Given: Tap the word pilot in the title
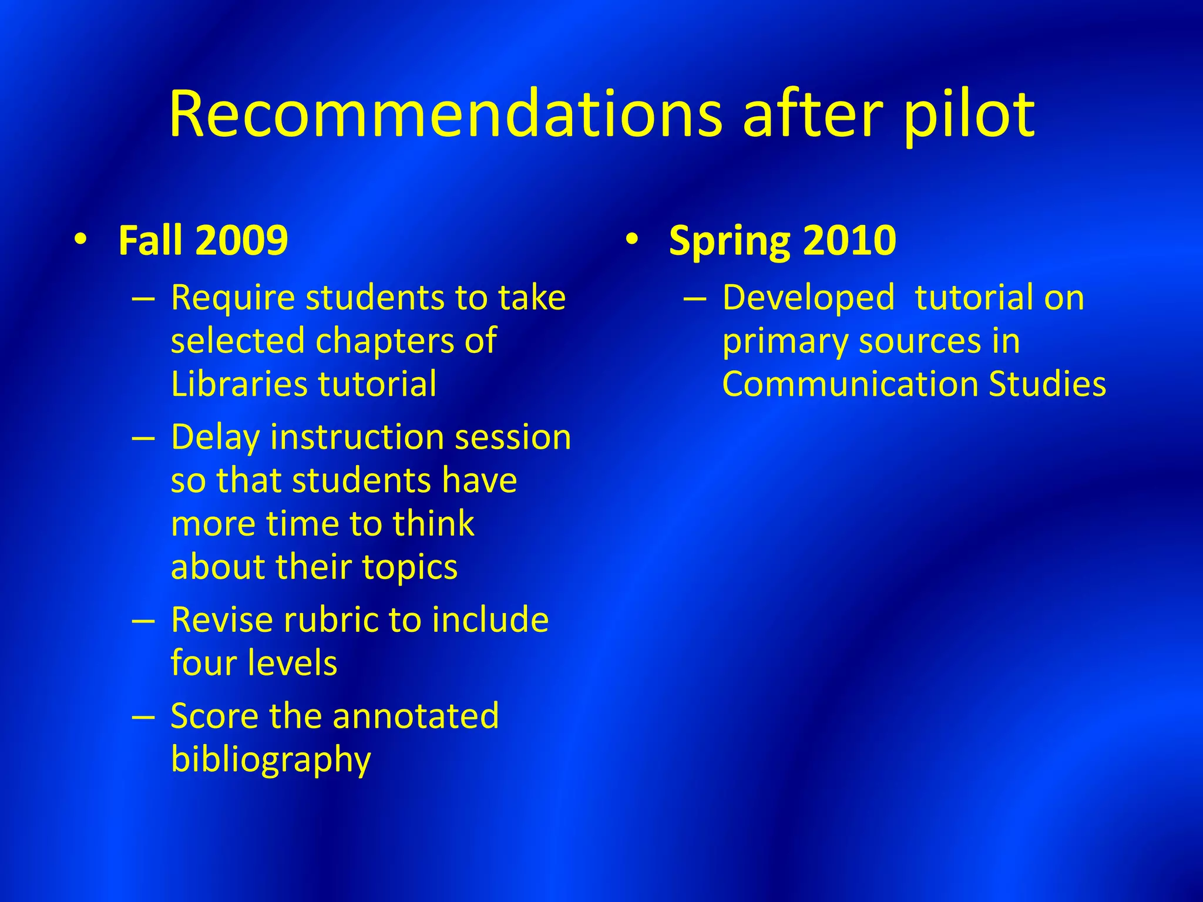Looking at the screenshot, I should [x=969, y=115].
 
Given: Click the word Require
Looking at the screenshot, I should [x=232, y=298].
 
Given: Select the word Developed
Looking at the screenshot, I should [x=808, y=298].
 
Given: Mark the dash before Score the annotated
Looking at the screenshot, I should [x=143, y=717].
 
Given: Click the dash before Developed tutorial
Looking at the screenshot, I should [x=695, y=299].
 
